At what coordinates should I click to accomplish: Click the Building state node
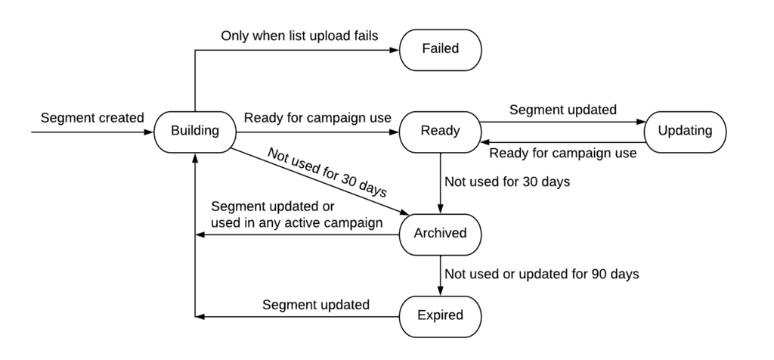(x=195, y=132)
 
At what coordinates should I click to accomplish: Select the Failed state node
(x=441, y=50)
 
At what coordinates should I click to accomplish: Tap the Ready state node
(x=441, y=132)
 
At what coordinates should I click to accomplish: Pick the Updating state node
(x=685, y=132)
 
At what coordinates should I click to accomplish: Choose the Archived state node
(x=441, y=234)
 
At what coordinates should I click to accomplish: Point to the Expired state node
(x=441, y=317)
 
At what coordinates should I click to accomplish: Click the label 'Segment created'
(x=92, y=118)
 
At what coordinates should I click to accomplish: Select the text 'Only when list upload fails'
(x=299, y=36)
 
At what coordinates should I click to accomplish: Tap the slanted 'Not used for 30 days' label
(x=327, y=172)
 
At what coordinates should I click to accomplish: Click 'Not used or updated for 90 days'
(x=542, y=274)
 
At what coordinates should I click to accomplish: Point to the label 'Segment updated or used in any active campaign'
(x=296, y=215)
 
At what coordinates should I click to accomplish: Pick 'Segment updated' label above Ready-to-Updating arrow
(x=562, y=110)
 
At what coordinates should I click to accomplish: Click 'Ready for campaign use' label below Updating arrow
(x=562, y=154)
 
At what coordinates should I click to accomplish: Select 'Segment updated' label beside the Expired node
(x=315, y=305)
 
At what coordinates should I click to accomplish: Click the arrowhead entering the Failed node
(x=395, y=50)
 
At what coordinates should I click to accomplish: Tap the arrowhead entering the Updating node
(x=639, y=122)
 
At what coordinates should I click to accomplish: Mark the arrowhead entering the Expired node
(x=441, y=291)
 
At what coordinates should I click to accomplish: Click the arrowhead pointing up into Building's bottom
(x=195, y=158)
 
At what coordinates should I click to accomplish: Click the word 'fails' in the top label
(x=364, y=36)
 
